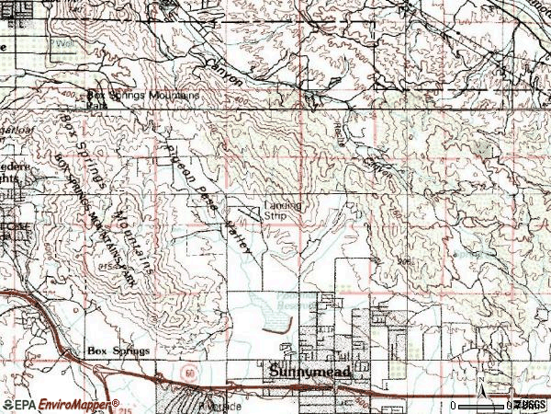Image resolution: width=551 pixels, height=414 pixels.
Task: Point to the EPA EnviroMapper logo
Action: pyautogui.click(x=61, y=404)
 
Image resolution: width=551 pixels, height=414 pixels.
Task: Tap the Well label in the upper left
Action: pyautogui.click(x=64, y=43)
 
